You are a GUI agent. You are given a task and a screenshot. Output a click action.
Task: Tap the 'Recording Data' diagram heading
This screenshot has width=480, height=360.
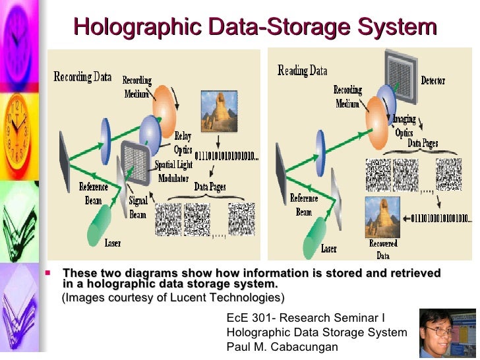[82, 76]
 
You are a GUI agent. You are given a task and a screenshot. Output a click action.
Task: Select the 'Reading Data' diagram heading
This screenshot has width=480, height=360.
[302, 70]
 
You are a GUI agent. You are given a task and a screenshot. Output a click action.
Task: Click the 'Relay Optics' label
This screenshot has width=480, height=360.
[183, 141]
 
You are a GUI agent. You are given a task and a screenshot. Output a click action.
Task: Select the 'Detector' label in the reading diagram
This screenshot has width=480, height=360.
[433, 80]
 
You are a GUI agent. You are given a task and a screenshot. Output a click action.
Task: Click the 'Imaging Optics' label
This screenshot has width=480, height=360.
[404, 126]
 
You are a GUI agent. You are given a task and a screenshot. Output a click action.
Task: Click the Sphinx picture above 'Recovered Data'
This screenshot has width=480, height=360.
[383, 216]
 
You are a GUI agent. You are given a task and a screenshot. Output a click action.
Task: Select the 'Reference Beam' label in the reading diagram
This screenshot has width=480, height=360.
[304, 205]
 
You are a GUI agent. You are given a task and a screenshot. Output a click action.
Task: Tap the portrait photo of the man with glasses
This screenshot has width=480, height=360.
[447, 334]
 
